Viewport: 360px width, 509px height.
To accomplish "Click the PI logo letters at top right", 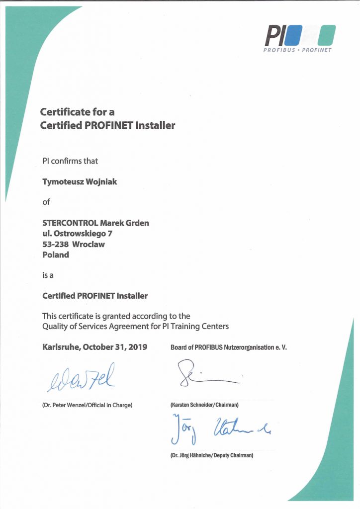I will [274, 35].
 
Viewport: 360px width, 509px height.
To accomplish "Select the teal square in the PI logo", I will [327, 35].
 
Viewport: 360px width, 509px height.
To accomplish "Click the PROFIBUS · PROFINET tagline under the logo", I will [297, 50].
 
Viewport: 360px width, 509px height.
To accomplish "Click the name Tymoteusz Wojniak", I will [80, 181].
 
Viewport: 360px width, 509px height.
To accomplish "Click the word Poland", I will [56, 254].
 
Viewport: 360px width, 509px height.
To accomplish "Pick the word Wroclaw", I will [89, 244].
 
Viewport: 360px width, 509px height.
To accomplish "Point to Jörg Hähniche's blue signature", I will [219, 428].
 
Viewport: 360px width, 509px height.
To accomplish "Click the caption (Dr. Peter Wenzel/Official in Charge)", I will [87, 405].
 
